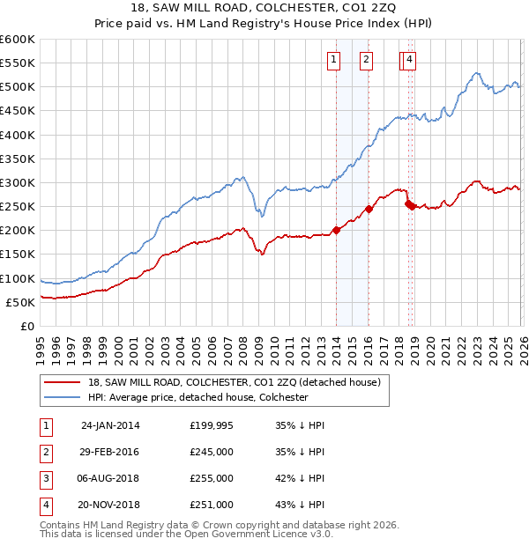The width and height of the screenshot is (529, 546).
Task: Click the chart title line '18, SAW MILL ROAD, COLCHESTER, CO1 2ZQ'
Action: click(264, 8)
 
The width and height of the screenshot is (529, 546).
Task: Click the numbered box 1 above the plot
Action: click(334, 60)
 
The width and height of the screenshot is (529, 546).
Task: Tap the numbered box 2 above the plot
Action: click(366, 60)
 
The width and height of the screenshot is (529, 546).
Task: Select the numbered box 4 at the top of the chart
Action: click(411, 60)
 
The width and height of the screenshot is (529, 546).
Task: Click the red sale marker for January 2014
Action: click(337, 230)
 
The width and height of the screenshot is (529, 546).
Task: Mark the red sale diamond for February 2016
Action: click(369, 209)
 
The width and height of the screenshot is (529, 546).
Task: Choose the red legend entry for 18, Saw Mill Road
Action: click(234, 382)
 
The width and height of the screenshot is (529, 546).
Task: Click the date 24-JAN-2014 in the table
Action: click(110, 424)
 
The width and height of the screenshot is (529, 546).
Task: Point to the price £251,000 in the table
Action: click(212, 505)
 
